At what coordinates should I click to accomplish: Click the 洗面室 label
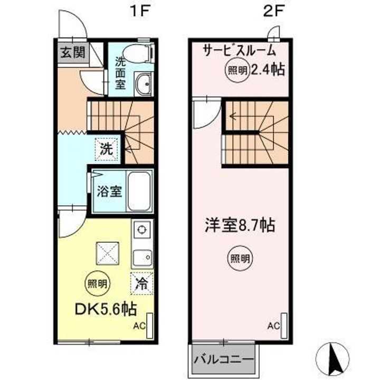120,73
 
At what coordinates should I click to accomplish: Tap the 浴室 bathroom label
109,191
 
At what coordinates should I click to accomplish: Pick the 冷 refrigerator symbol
142,282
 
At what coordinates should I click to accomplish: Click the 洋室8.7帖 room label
240,225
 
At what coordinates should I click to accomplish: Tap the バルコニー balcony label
224,360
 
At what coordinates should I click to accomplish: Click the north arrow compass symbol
335,358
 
